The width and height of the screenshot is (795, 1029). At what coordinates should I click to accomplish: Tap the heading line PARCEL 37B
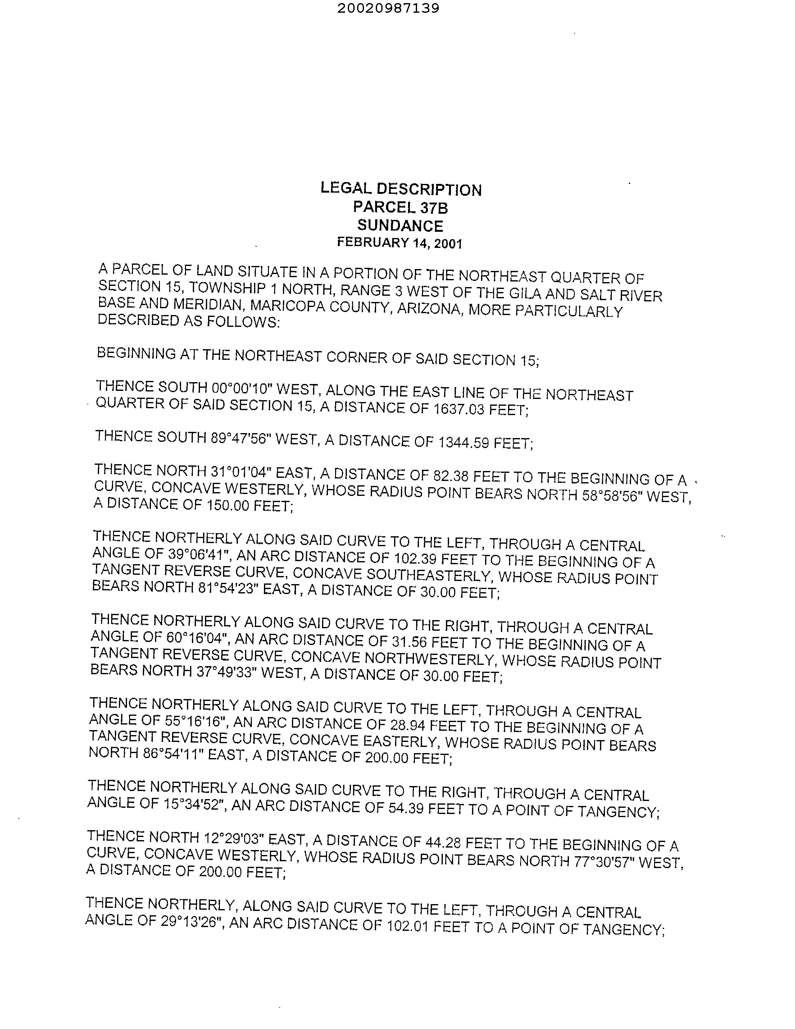(400, 207)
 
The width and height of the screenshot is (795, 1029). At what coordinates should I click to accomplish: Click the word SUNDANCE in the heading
(400, 226)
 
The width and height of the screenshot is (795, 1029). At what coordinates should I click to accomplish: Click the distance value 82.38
(451, 476)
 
